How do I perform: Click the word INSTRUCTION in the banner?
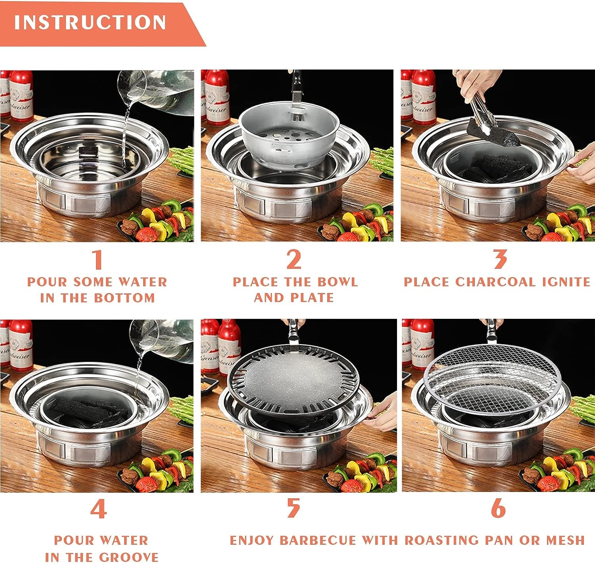90,22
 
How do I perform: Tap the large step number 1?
97,260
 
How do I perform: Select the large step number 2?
294,260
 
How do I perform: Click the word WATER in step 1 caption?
143,282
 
